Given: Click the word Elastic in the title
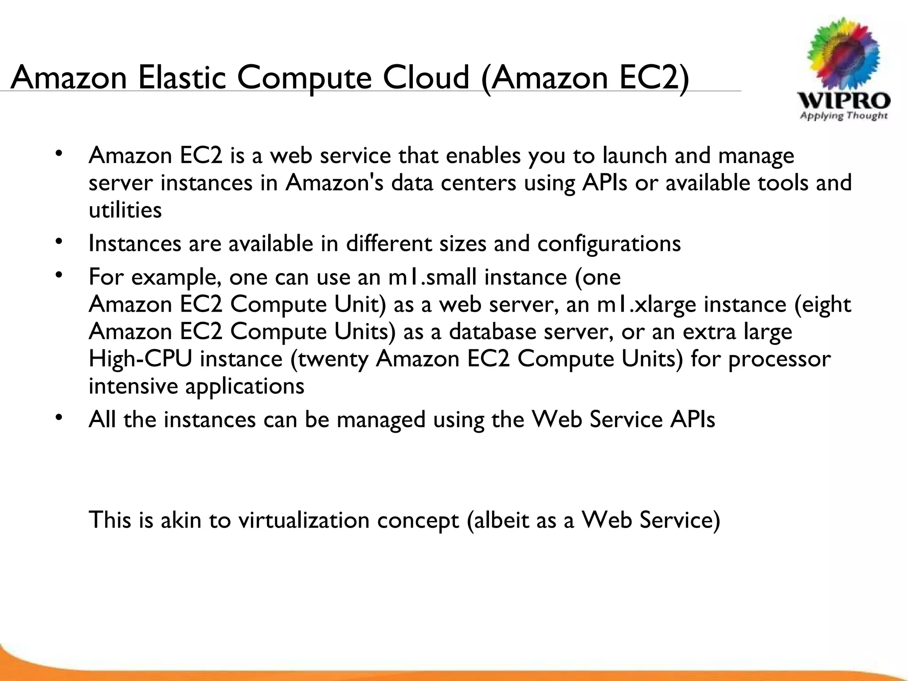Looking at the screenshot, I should click(182, 78).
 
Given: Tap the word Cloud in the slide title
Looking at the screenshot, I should click(426, 78).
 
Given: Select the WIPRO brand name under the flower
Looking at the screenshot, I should click(844, 101).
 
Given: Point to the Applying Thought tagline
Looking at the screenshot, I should click(844, 116).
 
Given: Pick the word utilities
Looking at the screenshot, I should click(125, 210).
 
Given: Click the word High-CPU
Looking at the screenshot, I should click(141, 359).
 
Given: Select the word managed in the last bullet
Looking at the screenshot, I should click(381, 420).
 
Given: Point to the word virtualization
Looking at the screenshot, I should click(304, 520).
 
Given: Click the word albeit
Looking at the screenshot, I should click(501, 520).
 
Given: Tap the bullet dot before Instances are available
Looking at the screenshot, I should click(58, 242).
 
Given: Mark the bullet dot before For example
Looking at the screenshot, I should click(58, 276).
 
